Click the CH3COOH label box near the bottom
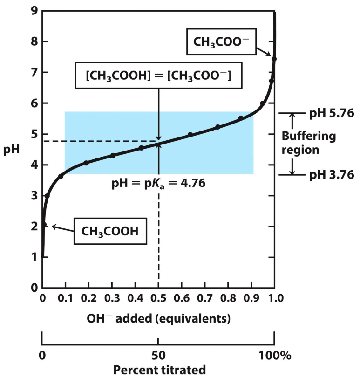(110, 231)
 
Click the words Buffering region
(309, 143)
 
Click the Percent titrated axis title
(158, 370)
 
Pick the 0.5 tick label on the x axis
(159, 297)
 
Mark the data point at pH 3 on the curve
(47, 196)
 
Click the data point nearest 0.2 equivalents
(86, 163)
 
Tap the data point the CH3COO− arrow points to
(274, 59)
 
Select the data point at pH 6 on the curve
(263, 103)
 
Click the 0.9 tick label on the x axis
(251, 297)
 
